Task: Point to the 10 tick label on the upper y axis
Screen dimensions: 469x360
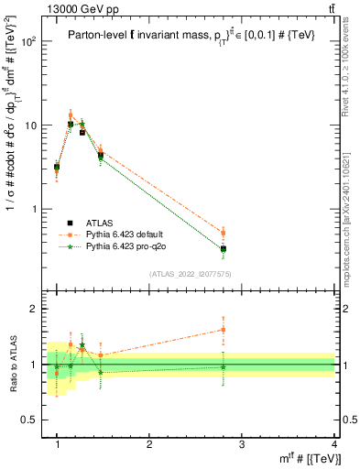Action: [x=31, y=125]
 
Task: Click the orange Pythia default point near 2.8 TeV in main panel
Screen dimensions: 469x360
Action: [x=223, y=233]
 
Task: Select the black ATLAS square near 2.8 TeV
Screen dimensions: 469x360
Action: [x=223, y=248]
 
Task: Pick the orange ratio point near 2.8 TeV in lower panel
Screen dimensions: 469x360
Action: [x=223, y=330]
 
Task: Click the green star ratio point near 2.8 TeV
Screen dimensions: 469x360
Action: [x=223, y=366]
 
